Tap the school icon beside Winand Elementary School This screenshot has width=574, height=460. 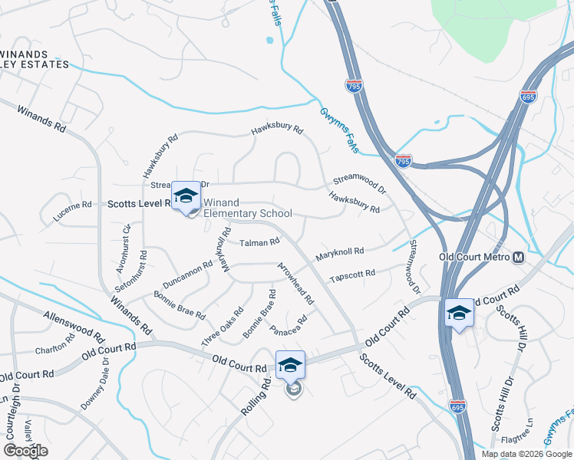[x=186, y=196]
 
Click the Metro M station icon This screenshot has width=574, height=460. [x=519, y=257]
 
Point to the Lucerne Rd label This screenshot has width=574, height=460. [x=72, y=205]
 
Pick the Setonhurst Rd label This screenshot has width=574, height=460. [x=143, y=268]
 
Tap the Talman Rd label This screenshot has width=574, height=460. [x=259, y=243]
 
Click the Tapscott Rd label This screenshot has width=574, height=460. [x=352, y=274]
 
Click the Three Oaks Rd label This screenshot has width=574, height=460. [x=223, y=325]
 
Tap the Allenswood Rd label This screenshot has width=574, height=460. [x=74, y=325]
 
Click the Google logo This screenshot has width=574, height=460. [x=25, y=451]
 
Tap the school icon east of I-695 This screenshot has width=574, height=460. [x=459, y=314]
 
